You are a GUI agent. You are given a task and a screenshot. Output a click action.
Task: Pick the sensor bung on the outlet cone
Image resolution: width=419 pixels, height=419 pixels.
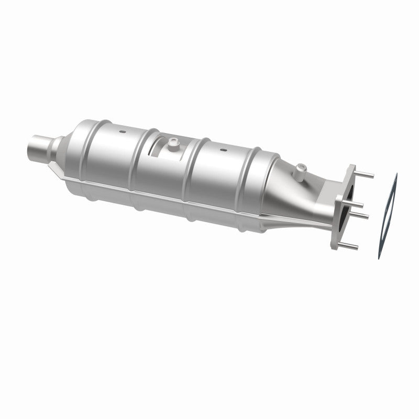click(300, 170)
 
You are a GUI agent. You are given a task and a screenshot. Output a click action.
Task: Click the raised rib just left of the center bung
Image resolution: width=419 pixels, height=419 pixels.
click(137, 168)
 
